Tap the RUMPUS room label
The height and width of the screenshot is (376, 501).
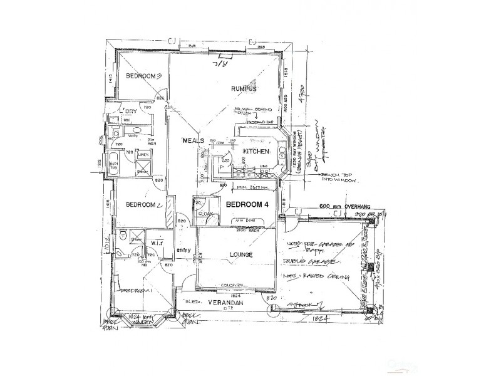[x=244, y=88]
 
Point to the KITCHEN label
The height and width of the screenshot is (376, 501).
[x=257, y=152]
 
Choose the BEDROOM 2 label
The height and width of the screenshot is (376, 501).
[x=144, y=205]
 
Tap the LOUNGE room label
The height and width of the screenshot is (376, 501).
[x=240, y=255]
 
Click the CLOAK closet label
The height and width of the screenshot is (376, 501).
[x=206, y=214]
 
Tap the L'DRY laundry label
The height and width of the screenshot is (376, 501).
[x=129, y=110]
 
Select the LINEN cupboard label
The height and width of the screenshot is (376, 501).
[x=143, y=155]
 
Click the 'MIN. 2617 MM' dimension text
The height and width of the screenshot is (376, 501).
[x=250, y=187]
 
